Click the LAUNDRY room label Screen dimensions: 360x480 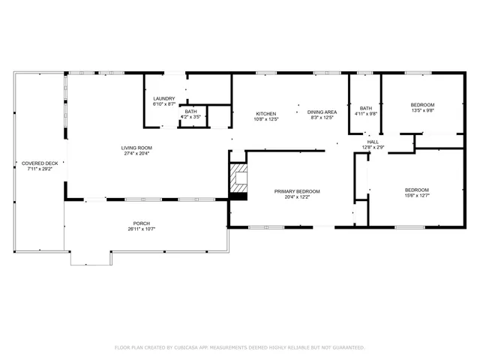[164, 99]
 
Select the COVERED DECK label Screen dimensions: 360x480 [40, 163]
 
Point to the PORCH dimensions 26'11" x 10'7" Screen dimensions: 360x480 [141, 229]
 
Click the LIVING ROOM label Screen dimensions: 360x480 [136, 148]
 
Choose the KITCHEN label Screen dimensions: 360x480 [266, 113]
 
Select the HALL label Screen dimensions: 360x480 [373, 142]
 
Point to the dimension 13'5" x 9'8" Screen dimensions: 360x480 [422, 110]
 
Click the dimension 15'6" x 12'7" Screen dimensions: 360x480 [417, 195]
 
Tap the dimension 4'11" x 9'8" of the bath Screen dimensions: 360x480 [366, 114]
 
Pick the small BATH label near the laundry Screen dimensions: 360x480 [191, 111]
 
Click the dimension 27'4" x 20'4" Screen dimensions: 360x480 [136, 154]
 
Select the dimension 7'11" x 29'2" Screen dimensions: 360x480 [40, 169]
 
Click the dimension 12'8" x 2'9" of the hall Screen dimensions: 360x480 [373, 148]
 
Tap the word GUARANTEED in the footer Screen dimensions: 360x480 [349, 348]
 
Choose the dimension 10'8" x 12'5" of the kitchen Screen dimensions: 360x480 [266, 118]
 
